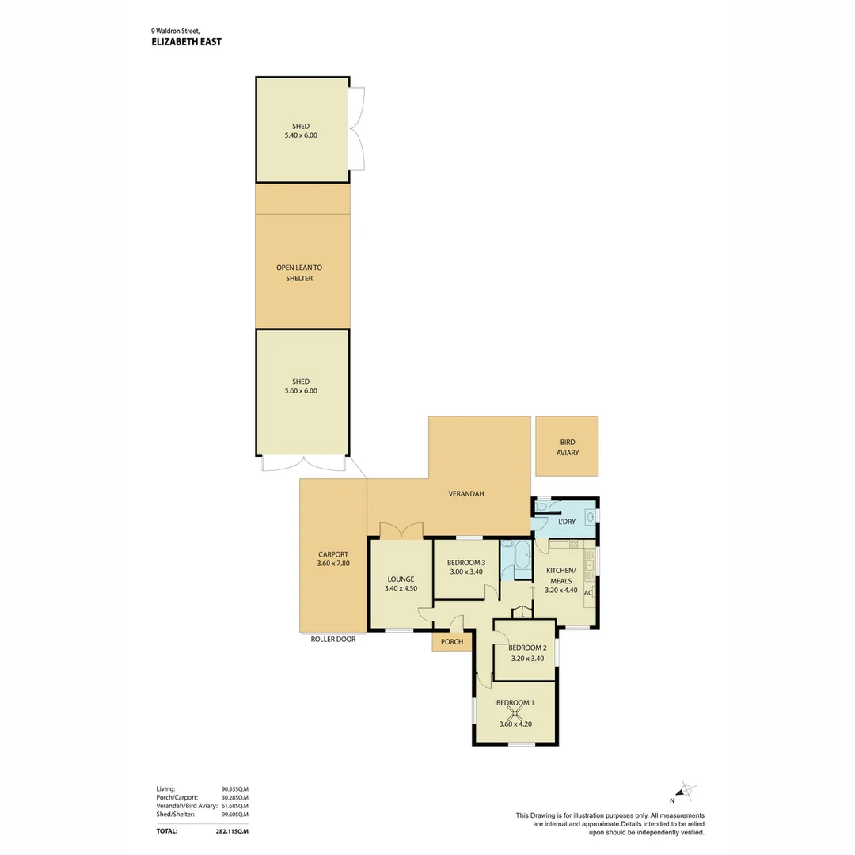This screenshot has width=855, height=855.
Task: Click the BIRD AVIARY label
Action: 567,447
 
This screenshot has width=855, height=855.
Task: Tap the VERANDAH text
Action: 465,494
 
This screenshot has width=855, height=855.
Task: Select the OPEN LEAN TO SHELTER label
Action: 299,273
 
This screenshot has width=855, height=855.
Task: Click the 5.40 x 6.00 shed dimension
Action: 301,135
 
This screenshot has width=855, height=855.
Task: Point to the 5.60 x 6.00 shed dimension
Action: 301,390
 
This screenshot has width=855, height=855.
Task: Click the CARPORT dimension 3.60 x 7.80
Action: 333,564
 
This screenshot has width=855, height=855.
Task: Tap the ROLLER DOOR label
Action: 333,639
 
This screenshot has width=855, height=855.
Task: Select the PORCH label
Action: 452,641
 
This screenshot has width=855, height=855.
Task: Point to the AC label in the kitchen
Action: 588,592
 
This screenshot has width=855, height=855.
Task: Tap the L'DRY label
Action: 567,522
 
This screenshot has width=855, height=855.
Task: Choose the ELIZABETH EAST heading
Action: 186,42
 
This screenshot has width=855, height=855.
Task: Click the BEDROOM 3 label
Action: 460,563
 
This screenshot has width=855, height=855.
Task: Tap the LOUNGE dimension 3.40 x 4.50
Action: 401,588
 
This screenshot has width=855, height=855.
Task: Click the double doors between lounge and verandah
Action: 401,530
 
